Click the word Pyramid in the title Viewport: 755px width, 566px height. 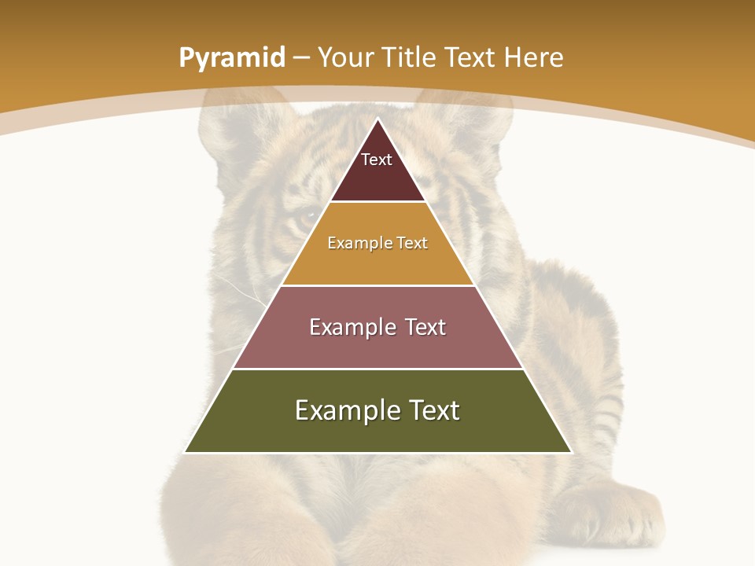(x=231, y=58)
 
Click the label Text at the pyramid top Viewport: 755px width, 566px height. (x=377, y=160)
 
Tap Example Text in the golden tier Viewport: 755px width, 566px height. (x=377, y=243)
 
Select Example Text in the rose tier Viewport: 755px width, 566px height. (x=377, y=327)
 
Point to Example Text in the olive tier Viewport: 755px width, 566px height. (x=377, y=410)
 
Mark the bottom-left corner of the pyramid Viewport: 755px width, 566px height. (x=186, y=451)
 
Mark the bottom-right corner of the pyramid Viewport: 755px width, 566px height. (x=570, y=451)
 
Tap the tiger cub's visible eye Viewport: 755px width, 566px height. (x=305, y=217)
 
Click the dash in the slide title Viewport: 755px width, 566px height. (x=301, y=58)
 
